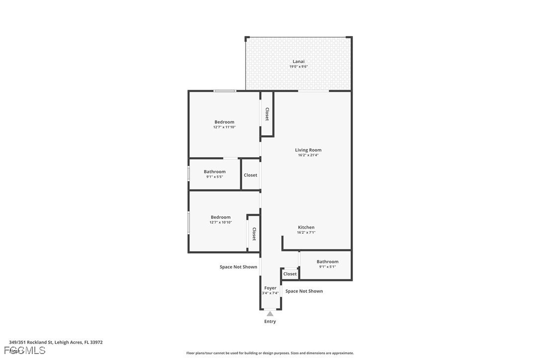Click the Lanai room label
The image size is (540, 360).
(298, 61)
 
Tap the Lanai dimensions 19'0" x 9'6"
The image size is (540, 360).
(298, 67)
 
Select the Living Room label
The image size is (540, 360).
(308, 150)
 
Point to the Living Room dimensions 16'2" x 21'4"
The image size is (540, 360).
(308, 155)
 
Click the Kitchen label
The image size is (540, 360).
(306, 227)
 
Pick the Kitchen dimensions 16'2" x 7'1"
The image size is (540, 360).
(306, 233)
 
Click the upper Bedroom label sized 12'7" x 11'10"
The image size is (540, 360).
(224, 122)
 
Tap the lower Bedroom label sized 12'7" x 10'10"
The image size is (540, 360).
(220, 217)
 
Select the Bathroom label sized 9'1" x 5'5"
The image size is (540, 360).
(214, 172)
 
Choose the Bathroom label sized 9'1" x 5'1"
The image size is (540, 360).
(327, 262)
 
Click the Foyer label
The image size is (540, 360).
(270, 288)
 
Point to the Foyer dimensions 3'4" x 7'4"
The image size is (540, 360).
(270, 293)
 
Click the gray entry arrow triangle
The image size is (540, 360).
(270, 314)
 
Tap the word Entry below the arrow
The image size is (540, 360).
(270, 322)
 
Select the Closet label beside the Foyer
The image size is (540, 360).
(290, 274)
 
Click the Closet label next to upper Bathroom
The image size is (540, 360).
(251, 175)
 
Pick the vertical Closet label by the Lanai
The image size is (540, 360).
(267, 114)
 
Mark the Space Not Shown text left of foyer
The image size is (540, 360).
(239, 267)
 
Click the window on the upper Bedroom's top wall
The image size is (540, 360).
(224, 90)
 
